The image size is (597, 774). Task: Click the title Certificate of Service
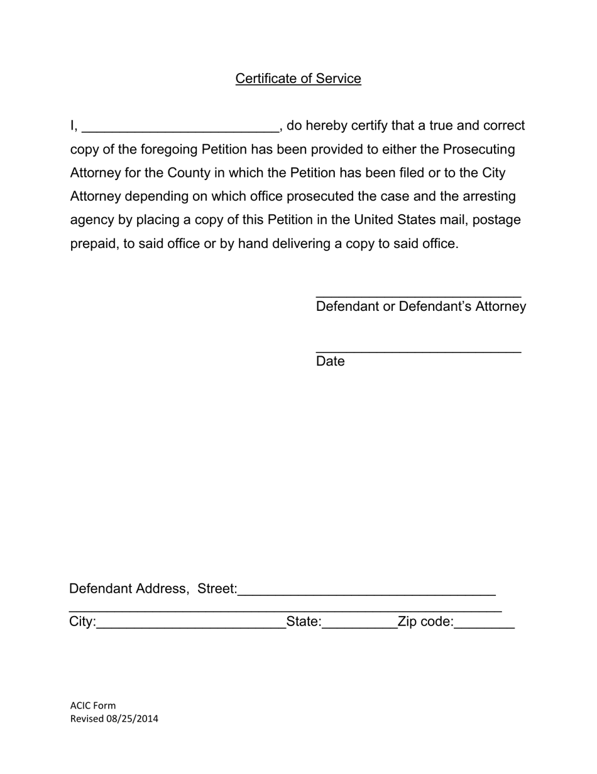click(298, 79)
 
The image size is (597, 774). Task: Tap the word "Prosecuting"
click(479, 150)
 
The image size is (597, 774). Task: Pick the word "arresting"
click(488, 196)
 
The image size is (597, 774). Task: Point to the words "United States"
click(395, 220)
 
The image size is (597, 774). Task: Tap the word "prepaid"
click(93, 244)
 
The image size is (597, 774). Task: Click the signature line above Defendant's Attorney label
click(418, 294)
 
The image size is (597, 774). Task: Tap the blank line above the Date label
click(418, 349)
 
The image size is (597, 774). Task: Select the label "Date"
click(330, 361)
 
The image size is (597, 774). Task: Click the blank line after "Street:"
click(367, 592)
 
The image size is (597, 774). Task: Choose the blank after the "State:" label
click(359, 625)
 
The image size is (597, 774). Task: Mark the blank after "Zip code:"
click(484, 625)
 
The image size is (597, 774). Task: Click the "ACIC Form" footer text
click(93, 705)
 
